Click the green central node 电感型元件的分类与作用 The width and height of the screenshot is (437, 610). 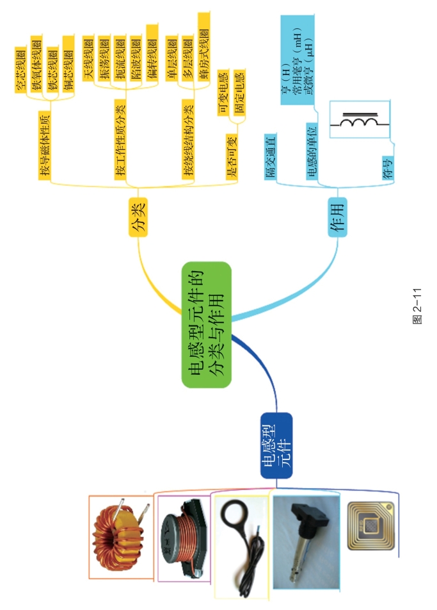coord(205,325)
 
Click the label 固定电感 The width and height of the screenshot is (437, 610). coord(239,94)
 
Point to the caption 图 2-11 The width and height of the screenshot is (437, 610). coord(417,308)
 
